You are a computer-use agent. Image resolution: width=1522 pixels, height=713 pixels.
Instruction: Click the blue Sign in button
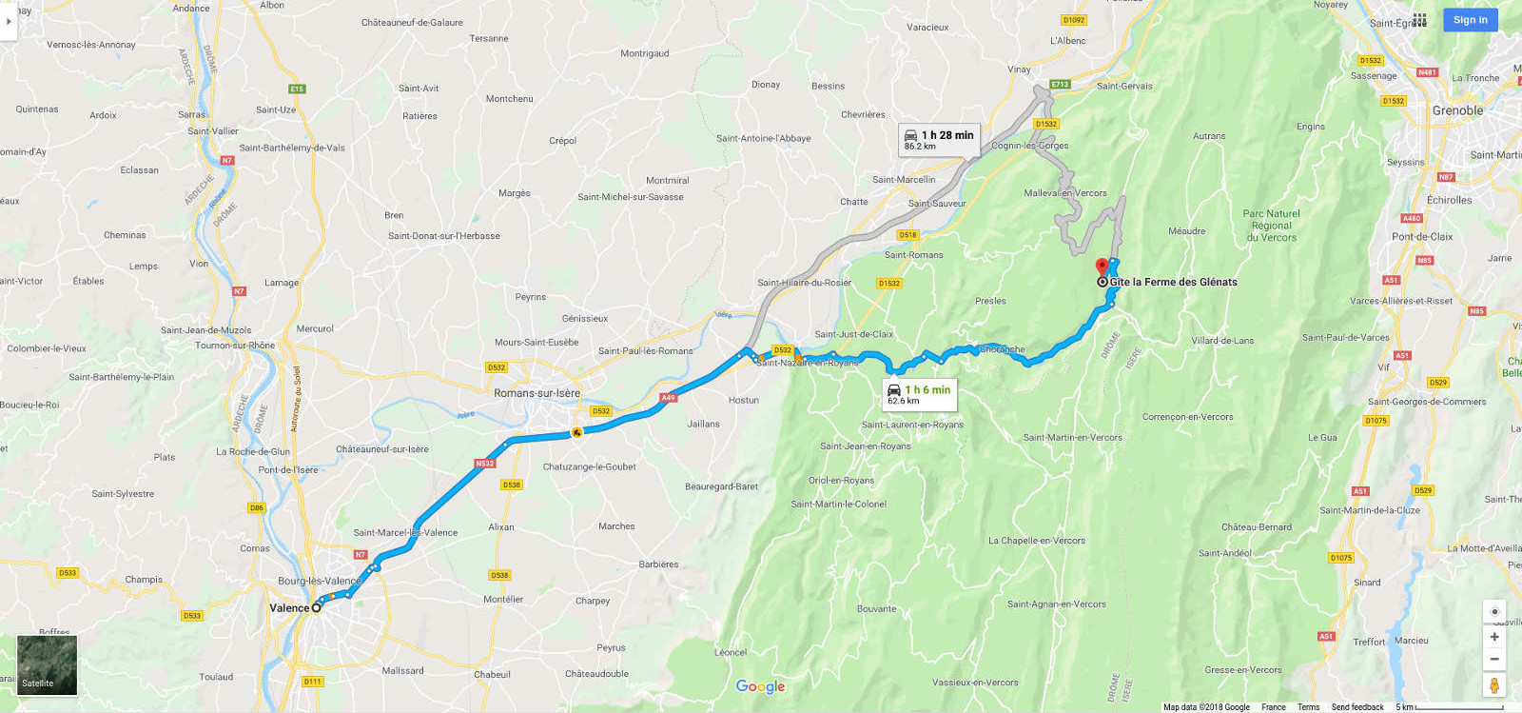1470,20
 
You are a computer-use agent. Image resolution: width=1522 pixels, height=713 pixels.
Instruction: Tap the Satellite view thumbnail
47,665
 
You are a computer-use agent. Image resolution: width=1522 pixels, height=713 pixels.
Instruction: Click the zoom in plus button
1494,637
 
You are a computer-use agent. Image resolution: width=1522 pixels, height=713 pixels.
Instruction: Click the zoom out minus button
1494,659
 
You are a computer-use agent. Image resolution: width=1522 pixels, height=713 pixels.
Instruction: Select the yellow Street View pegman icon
1494,685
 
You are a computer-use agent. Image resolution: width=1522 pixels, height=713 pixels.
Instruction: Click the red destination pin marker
1102,267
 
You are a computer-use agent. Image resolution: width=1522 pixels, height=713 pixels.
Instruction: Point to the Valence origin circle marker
317,607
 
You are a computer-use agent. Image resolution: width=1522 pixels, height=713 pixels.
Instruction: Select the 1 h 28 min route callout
939,140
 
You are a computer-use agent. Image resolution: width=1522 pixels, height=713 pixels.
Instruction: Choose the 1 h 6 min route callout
919,394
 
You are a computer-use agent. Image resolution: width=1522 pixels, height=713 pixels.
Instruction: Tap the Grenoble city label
1457,110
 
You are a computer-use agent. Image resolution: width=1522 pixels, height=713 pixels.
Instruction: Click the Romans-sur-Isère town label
537,393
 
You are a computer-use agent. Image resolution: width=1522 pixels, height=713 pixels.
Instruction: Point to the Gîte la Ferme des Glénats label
1173,282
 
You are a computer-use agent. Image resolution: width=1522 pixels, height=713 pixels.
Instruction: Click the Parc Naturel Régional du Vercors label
1271,226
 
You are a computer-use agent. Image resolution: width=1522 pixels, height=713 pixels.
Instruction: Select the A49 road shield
668,398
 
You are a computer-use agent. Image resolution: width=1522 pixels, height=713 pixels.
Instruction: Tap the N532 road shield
485,464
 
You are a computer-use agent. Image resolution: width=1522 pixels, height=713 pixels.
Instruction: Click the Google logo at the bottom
760,686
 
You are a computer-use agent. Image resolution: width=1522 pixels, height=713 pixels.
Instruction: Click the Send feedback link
1356,707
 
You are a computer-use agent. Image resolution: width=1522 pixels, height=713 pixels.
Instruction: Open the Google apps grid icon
1419,20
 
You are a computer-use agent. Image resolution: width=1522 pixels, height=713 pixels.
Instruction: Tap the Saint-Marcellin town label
904,180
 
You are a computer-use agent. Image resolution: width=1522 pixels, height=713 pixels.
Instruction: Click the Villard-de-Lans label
1222,341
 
